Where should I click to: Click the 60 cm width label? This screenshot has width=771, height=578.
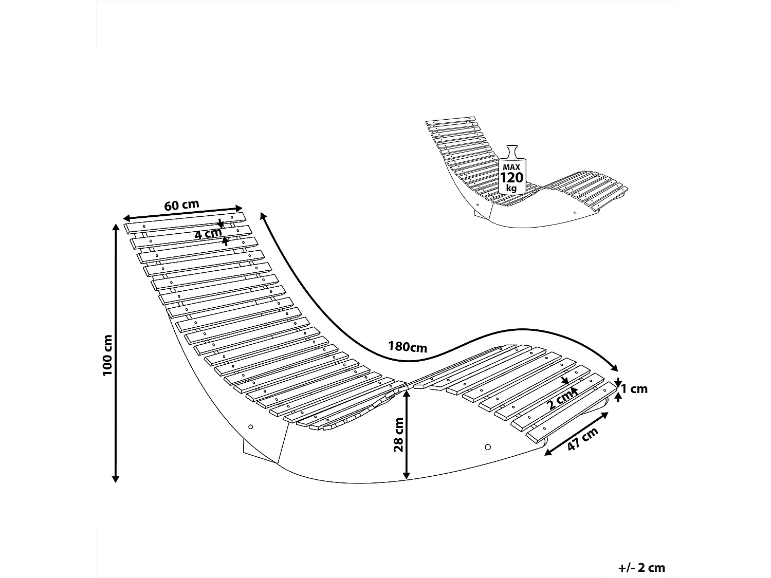181,204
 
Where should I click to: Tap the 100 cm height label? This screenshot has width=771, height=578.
107,355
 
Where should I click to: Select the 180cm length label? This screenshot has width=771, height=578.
408,347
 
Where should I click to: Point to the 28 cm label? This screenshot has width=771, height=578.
398,434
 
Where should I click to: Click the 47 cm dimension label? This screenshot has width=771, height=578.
583,440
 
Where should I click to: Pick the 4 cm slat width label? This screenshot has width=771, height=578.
208,234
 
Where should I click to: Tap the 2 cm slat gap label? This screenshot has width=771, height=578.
559,400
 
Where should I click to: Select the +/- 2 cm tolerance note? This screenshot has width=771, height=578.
641,568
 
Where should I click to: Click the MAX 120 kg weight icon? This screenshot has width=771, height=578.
511,171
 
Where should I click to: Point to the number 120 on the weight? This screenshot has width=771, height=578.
511,178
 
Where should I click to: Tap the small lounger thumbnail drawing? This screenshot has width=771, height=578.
524,175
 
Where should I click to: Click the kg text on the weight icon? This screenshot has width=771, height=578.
511,188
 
